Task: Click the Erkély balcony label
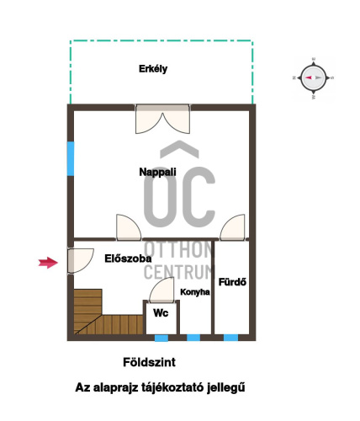pos(153,69)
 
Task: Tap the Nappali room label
pos(157,172)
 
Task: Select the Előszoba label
pos(128,258)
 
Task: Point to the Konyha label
pos(195,292)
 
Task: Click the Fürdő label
pos(232,282)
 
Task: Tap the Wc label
pos(161,313)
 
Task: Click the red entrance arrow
pos(48,263)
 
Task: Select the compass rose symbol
pos(313,78)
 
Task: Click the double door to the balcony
pos(162,119)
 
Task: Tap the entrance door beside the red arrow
pos(80,261)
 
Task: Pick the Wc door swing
pos(161,290)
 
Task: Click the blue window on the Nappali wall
pos(71,158)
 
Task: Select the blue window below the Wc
pos(161,338)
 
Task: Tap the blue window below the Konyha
pos(193,338)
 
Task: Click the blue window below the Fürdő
pos(230,338)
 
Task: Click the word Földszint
pos(149,362)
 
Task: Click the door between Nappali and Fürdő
pos(232,227)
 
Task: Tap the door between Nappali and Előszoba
pos(129,227)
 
